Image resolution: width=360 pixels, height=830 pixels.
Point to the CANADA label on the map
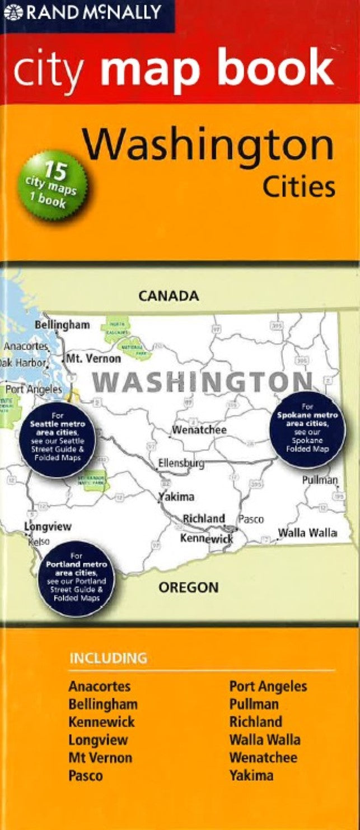pyautogui.click(x=168, y=296)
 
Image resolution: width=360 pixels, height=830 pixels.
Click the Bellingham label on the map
pyautogui.click(x=62, y=325)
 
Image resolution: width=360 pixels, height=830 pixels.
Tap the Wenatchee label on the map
pyautogui.click(x=199, y=430)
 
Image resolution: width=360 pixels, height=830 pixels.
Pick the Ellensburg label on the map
pyautogui.click(x=180, y=464)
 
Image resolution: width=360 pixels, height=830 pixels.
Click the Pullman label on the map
pyautogui.click(x=320, y=480)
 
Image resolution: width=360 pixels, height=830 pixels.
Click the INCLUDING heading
pyautogui.click(x=107, y=658)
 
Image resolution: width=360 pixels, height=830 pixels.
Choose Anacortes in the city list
pyautogui.click(x=99, y=686)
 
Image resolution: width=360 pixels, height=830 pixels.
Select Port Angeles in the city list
pyautogui.click(x=268, y=686)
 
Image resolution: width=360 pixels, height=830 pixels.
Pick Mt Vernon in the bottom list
pyautogui.click(x=100, y=758)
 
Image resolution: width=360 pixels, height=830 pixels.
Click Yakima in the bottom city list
pyautogui.click(x=251, y=776)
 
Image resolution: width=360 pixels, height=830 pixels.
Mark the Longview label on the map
pyautogui.click(x=48, y=526)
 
